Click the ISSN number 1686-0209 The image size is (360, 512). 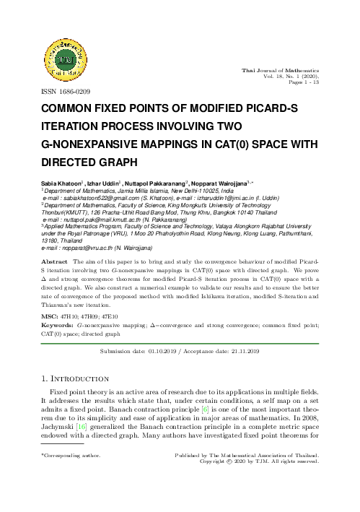pos(74,92)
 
